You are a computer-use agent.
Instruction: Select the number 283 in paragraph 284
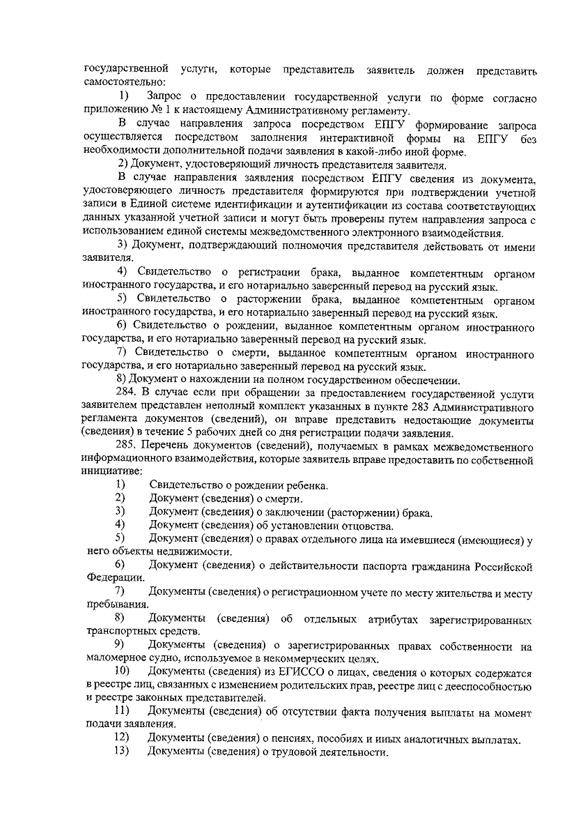click(x=424, y=408)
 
